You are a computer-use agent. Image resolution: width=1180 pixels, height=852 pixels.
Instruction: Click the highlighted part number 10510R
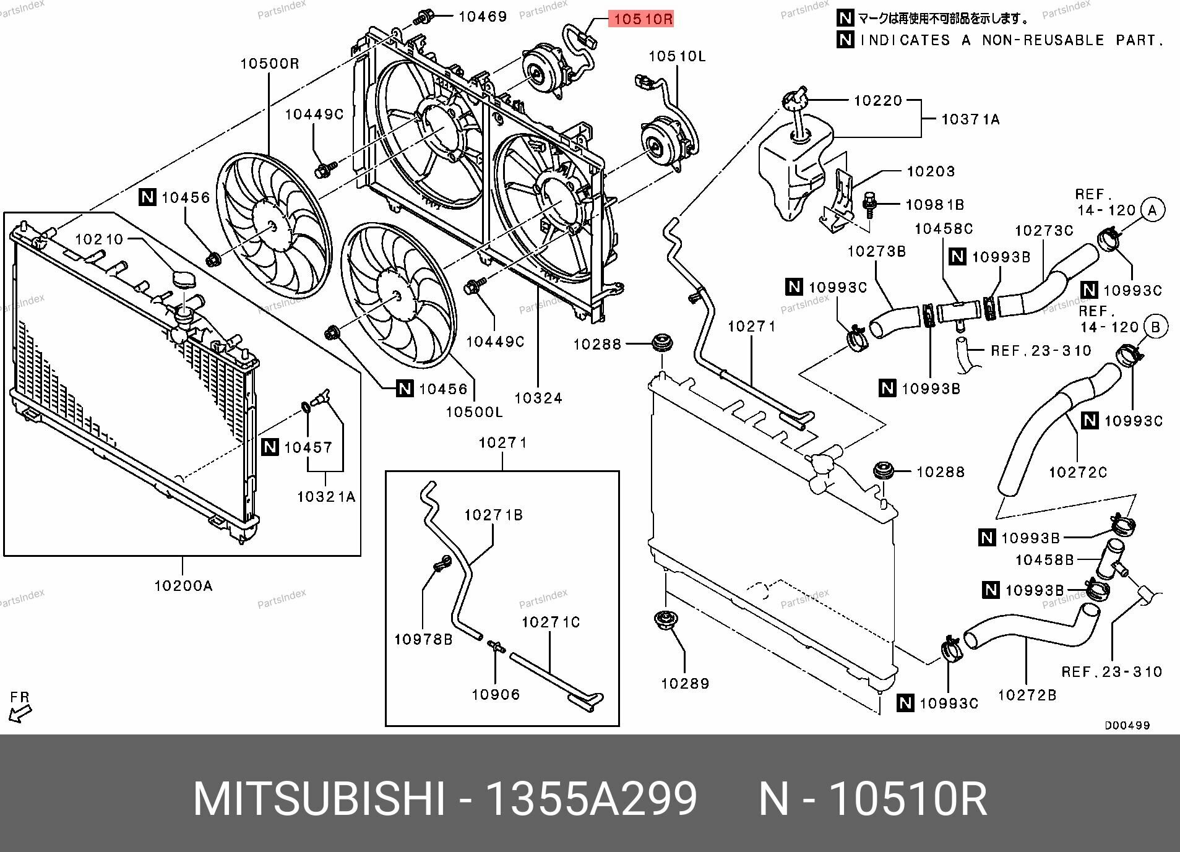(642, 20)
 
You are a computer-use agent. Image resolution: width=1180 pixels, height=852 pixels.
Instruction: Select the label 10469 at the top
(483, 17)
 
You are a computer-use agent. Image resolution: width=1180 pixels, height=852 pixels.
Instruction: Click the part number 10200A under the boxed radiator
(183, 585)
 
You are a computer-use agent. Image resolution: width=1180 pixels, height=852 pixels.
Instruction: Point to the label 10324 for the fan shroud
(538, 398)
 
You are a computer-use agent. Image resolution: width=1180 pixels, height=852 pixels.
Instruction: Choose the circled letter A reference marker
(1152, 210)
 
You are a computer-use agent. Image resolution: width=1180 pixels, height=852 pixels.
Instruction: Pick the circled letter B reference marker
(1155, 326)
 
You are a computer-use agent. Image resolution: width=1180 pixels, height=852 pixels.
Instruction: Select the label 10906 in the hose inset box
(496, 695)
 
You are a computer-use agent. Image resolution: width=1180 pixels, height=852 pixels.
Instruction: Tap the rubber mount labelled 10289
(666, 619)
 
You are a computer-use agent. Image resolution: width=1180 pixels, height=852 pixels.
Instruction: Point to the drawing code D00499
(1127, 725)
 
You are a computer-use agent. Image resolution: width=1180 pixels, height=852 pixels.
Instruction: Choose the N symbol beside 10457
(270, 447)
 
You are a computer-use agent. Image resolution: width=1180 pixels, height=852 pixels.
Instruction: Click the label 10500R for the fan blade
(270, 63)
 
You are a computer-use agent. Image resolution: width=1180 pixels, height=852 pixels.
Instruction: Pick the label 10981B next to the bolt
(935, 205)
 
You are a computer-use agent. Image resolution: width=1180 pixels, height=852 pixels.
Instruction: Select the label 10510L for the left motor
(677, 56)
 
